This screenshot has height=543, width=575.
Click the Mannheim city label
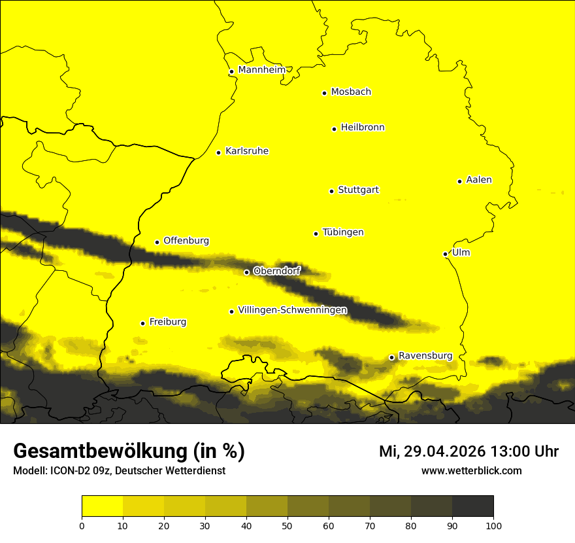click(x=261, y=70)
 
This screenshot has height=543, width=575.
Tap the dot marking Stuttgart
click(x=331, y=191)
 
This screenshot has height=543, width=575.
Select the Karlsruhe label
click(x=247, y=151)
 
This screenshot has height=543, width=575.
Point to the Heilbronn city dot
click(x=334, y=129)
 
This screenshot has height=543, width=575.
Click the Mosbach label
click(x=351, y=92)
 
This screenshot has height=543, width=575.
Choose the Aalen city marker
click(x=459, y=181)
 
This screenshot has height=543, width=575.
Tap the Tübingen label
click(x=343, y=232)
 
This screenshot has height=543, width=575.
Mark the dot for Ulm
click(x=445, y=254)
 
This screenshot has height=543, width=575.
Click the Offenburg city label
click(x=186, y=241)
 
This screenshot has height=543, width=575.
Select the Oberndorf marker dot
click(x=246, y=272)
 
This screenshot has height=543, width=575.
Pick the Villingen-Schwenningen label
click(x=293, y=310)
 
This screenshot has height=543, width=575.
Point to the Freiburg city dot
click(x=142, y=323)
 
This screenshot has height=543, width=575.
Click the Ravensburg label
click(x=425, y=356)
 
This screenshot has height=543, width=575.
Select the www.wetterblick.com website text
click(x=471, y=470)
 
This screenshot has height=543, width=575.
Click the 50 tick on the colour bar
click(x=287, y=525)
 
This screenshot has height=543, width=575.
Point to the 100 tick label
click(x=493, y=525)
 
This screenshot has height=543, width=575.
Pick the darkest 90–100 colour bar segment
click(x=472, y=506)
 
